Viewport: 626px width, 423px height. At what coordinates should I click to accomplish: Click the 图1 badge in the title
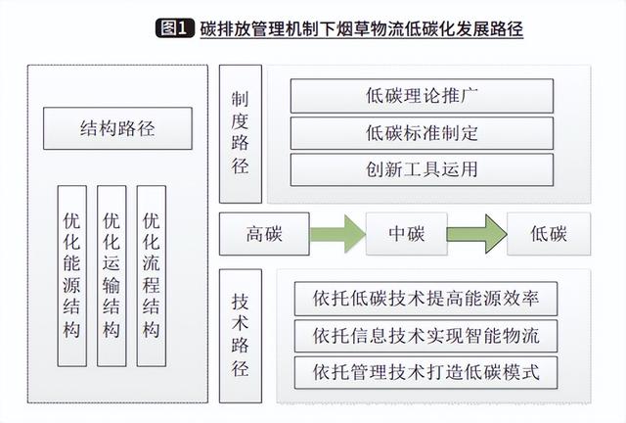[175, 28]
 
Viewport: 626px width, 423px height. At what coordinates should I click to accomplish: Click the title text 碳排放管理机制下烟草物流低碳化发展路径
[362, 28]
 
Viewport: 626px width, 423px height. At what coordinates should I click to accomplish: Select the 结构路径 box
[117, 128]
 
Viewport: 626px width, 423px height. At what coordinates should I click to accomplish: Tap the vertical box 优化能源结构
[71, 276]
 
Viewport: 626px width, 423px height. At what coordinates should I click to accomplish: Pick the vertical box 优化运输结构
[112, 276]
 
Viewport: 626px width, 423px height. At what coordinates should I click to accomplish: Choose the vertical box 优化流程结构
[152, 276]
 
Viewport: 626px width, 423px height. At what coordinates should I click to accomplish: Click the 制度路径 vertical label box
[241, 134]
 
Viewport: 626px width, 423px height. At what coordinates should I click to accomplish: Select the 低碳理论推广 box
[422, 96]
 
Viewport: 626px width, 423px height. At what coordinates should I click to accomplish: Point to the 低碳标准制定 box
[422, 133]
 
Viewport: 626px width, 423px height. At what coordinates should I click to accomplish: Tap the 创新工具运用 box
[422, 169]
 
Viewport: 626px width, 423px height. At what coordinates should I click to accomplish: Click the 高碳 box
[264, 234]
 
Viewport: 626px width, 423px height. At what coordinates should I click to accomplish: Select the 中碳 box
[407, 234]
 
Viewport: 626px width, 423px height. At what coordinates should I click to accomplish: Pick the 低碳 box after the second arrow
[549, 234]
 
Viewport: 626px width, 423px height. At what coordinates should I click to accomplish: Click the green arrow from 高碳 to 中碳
[337, 234]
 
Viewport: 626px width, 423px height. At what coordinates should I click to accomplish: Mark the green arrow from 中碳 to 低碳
[477, 234]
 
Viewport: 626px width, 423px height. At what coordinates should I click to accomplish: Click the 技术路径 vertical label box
[241, 336]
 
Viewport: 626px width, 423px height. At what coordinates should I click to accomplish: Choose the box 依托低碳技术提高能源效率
[425, 299]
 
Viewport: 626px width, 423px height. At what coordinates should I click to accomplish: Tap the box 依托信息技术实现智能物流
[425, 336]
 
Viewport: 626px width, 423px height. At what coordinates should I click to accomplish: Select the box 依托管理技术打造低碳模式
[425, 373]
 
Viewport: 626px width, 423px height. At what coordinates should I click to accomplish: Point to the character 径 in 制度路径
[241, 165]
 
